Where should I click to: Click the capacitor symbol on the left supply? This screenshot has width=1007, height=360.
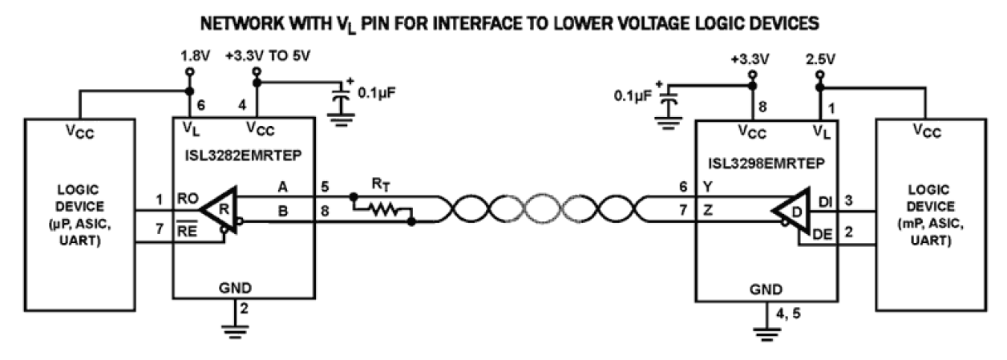click(342, 94)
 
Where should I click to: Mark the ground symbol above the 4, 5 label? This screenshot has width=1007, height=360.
click(772, 327)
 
